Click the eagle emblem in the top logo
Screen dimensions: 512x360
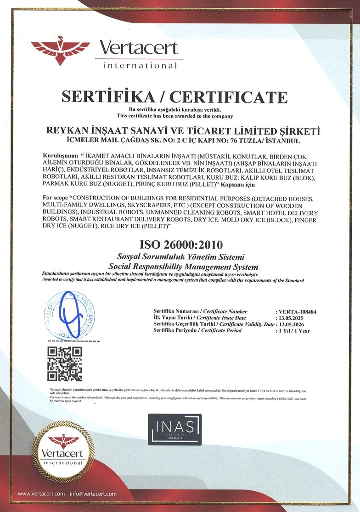[x=60, y=50]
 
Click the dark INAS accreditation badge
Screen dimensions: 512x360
[x=174, y=429]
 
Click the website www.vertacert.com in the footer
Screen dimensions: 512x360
[x=41, y=493]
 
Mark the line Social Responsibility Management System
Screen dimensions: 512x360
[x=183, y=267]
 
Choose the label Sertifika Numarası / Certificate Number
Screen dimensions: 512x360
[x=200, y=312]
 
